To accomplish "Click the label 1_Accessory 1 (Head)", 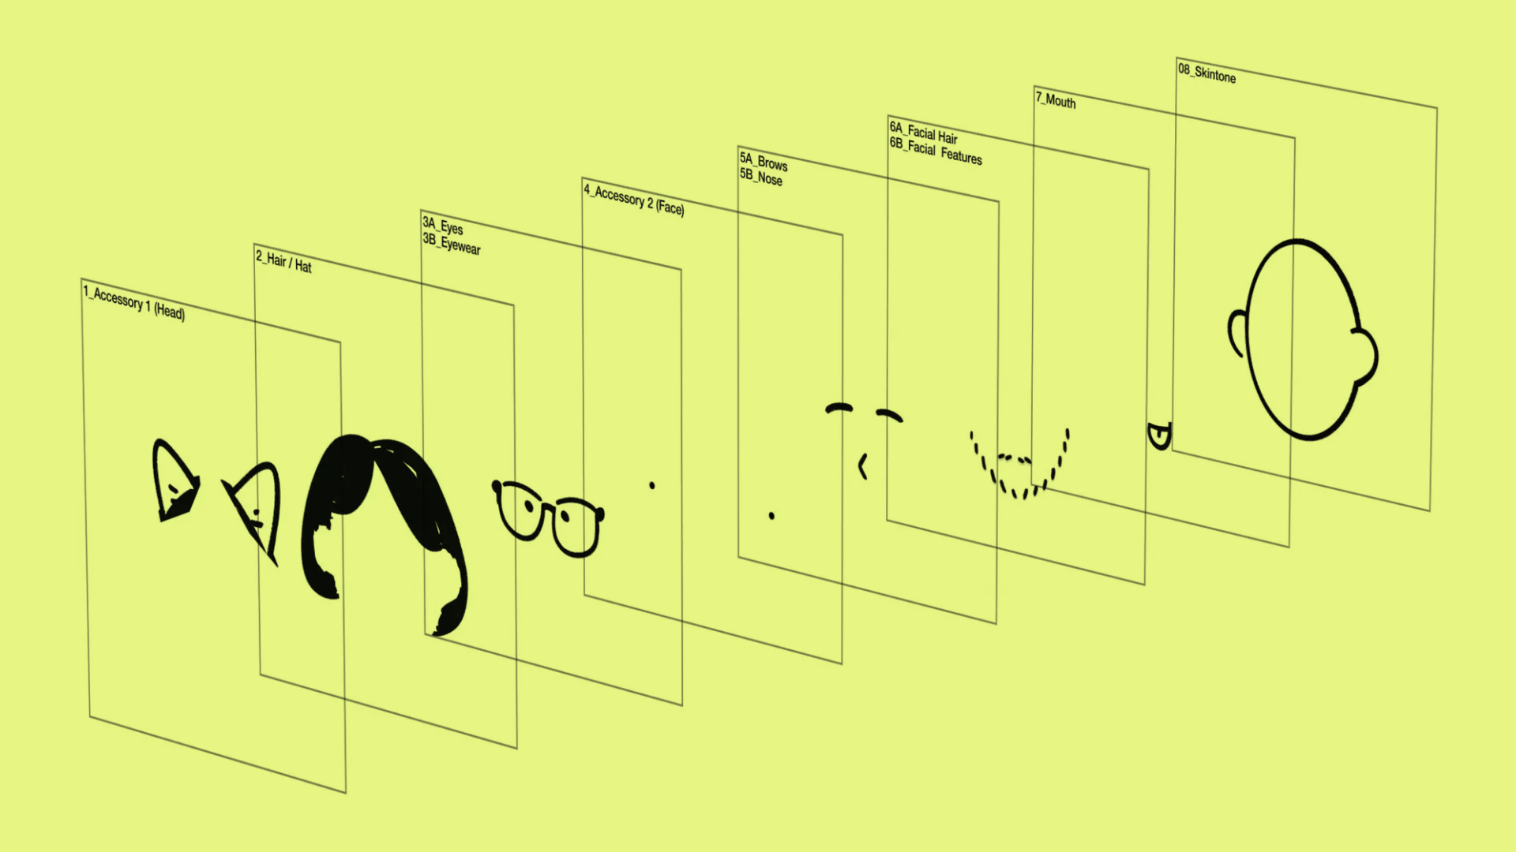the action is pos(134,303).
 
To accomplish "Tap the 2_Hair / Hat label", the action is pos(283,261).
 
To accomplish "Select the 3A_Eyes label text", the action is pos(443,226).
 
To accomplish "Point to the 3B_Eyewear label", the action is pos(452,243).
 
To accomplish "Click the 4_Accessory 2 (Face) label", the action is pos(634,199).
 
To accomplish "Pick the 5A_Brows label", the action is pos(764,162).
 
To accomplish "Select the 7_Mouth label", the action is pos(1056,99).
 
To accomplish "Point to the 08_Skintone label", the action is pos(1206,73).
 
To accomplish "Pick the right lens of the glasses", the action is pos(576,525).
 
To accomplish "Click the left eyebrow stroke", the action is pos(839,408).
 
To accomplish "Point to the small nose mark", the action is pos(863,466).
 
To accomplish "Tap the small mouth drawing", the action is pos(1159,435).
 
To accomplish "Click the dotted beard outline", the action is pos(1019,465).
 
